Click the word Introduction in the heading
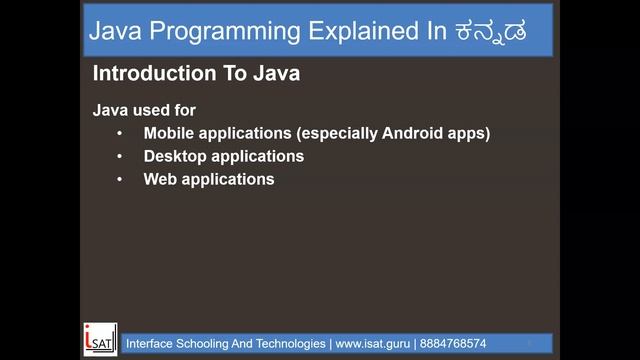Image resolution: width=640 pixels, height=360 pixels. pos(145,74)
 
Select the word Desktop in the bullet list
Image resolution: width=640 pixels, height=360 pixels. pos(173,156)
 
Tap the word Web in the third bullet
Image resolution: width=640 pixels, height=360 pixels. pos(159,179)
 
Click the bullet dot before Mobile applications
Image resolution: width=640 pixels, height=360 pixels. pos(120,133)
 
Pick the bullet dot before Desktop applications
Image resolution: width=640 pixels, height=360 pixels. pos(120,156)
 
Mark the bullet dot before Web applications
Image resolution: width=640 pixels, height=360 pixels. pos(120,179)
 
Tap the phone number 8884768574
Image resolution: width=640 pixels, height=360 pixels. pos(452,343)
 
